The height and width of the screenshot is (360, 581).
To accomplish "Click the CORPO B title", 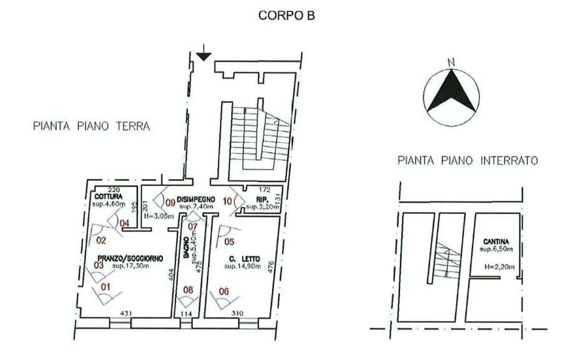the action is point(289,16).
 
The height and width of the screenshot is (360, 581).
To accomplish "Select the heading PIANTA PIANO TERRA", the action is point(90,127).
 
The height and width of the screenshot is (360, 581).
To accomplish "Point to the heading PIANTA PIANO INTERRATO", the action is point(467,161).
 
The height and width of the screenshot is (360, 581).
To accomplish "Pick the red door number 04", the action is point(125,223).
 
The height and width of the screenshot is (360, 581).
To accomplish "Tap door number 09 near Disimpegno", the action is point(171,203).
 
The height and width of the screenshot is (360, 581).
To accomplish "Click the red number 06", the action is point(224,291).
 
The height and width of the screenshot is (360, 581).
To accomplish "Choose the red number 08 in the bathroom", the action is point(189,290).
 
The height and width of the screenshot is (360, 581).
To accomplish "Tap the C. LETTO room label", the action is point(242,259).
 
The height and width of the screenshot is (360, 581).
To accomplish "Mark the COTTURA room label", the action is point(108,197).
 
